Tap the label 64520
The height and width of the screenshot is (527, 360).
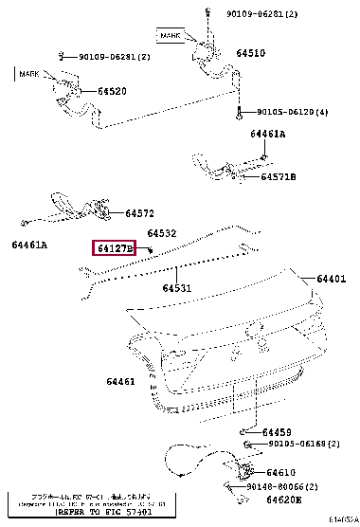112,92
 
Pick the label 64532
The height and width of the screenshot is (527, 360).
162,233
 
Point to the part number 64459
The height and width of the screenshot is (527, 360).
277,432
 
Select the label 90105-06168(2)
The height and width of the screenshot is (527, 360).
302,444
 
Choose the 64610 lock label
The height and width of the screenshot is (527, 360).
281,471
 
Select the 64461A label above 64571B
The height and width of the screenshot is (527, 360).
267,135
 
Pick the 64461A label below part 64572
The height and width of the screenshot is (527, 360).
29,245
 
